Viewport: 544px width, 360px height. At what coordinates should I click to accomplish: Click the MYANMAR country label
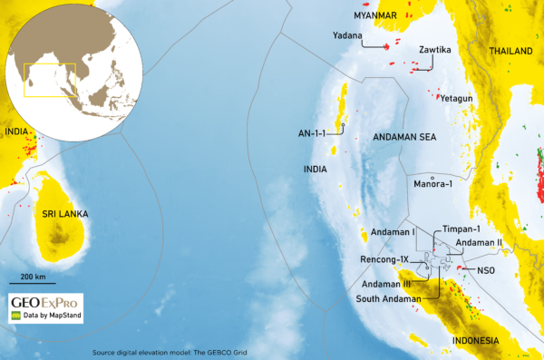376,16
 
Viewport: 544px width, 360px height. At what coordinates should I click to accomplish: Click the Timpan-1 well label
461,229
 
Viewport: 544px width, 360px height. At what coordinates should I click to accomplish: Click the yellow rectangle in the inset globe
49,79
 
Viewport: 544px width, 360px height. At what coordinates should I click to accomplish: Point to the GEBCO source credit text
169,351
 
